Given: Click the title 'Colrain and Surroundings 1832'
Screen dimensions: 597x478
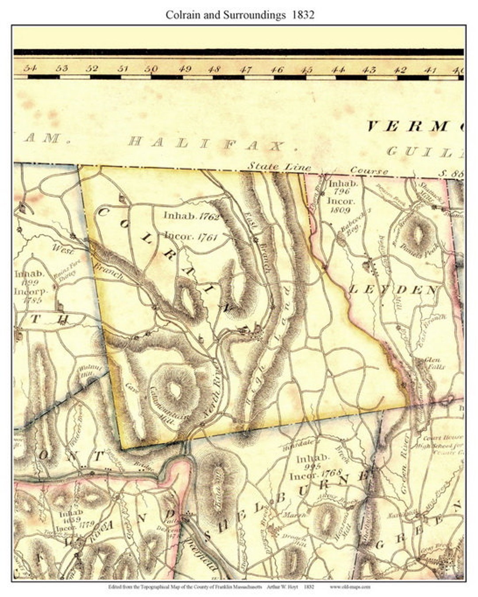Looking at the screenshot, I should tap(240, 15).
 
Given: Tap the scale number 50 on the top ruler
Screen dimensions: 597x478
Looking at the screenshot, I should tap(151, 69).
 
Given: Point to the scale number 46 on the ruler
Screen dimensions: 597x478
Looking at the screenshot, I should tap(277, 69).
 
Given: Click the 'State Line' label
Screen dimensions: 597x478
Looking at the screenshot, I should tap(278, 166).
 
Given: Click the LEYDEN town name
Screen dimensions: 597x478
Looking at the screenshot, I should tap(393, 289).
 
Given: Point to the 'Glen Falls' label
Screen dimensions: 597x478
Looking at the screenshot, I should tap(434, 363).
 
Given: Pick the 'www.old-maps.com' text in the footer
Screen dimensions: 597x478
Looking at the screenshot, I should tap(350, 587).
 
